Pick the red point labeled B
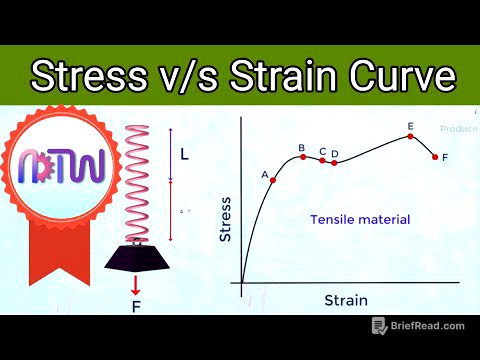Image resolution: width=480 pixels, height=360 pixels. point(302,157)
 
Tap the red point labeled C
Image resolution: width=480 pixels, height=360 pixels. point(322,160)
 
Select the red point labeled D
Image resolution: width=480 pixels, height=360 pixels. point(334,162)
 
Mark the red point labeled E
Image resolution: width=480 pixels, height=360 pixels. point(411,136)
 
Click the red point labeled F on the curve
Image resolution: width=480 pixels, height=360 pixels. point(435,157)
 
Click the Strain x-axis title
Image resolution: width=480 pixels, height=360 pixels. point(345,300)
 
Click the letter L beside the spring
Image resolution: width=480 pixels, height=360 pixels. point(184,155)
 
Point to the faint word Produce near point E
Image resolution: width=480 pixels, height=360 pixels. point(457,128)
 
